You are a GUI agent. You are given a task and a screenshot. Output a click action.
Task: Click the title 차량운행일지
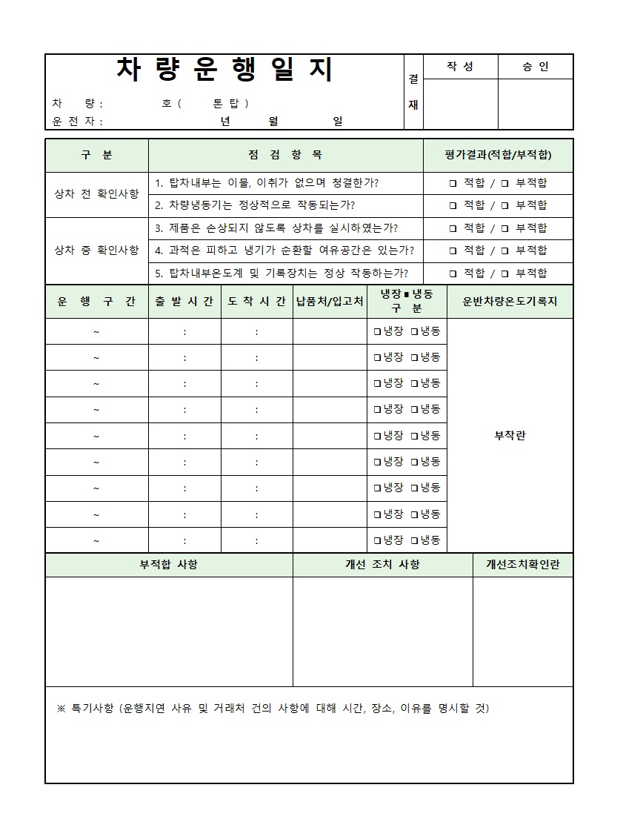pos(225,70)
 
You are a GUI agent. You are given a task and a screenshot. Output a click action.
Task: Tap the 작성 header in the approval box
pos(459,67)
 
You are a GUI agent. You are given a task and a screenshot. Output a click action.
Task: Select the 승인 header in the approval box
pos(535,67)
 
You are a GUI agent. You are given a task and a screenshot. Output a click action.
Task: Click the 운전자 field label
pos(76,122)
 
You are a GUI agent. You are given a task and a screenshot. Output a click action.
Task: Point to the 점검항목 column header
pos(285,155)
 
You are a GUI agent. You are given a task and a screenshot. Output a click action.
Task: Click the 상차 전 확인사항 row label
pos(96,193)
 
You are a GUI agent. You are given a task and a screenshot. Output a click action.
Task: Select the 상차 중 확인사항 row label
pos(96,250)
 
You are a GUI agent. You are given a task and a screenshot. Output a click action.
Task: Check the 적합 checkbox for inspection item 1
pos(453,183)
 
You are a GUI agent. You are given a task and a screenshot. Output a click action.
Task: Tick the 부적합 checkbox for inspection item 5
pos(504,273)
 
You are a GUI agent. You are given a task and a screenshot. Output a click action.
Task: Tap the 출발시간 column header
pos(184,301)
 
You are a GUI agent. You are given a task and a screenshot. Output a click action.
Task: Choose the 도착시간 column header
pos(256,301)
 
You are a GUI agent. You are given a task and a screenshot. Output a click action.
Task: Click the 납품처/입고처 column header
pos(330,301)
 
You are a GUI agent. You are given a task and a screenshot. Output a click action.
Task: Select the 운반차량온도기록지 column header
pos(510,301)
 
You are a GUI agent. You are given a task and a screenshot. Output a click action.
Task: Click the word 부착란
pos(510,436)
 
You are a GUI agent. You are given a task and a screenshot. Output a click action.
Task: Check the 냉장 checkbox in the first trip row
pos(378,332)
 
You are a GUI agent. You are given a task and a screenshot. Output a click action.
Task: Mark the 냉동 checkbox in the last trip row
pos(415,540)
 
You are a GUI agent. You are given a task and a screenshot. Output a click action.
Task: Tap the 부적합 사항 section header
pos(169,565)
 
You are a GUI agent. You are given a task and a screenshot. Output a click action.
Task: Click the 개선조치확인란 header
pos(523,565)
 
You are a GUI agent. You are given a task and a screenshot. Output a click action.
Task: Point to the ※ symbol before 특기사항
pos(61,709)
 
